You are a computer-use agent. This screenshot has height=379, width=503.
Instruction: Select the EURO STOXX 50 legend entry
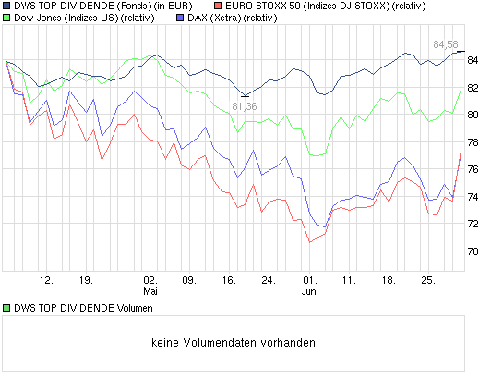pos(315,6)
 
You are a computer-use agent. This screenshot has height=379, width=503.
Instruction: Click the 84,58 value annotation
pos(446,43)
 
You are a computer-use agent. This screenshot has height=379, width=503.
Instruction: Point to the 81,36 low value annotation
pos(245,106)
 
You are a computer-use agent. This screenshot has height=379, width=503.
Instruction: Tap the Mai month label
pos(150,287)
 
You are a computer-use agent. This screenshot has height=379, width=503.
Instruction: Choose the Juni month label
pos(311,287)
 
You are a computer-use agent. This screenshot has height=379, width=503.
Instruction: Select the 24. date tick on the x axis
pos(269,277)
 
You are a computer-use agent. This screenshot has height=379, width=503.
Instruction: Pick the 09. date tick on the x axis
pos(188,277)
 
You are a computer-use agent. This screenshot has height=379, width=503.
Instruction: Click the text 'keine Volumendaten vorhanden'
pos(234,342)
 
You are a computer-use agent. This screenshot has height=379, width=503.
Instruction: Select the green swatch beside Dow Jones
pos(6,18)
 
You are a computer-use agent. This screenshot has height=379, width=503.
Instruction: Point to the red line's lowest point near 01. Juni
pos(310,242)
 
